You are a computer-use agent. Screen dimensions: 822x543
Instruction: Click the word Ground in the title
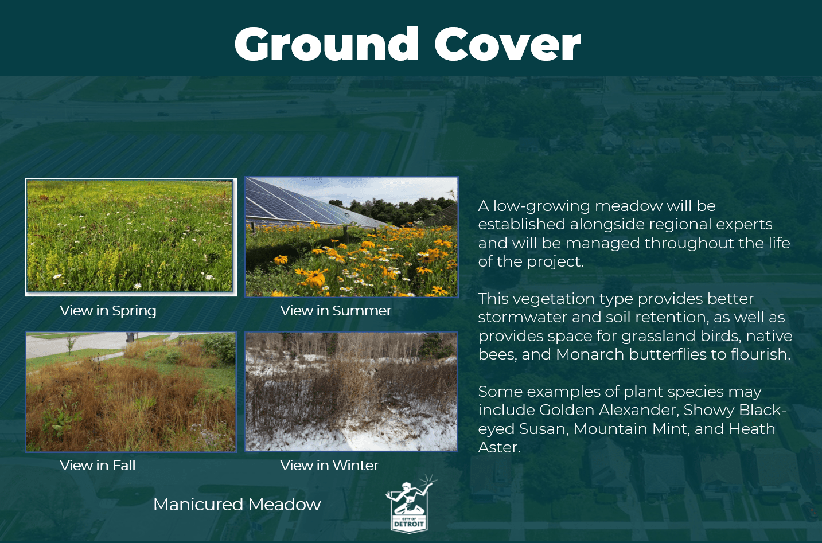pyautogui.click(x=326, y=45)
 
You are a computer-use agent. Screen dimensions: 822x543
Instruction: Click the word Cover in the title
pyautogui.click(x=508, y=45)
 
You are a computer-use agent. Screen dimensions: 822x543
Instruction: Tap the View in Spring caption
pyautogui.click(x=108, y=311)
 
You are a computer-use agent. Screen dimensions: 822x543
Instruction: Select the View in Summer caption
pyautogui.click(x=336, y=311)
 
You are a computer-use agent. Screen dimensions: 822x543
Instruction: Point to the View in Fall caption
pyautogui.click(x=98, y=466)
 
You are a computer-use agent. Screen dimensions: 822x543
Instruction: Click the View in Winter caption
pyautogui.click(x=329, y=466)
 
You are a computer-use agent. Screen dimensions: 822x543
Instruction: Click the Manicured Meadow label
pyautogui.click(x=237, y=505)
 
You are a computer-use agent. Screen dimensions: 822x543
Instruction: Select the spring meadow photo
pyautogui.click(x=130, y=236)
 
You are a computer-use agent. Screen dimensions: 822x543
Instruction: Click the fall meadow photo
pyautogui.click(x=131, y=392)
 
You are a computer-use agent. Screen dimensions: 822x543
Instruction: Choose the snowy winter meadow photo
pyautogui.click(x=351, y=391)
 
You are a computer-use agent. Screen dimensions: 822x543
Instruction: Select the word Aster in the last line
pyautogui.click(x=500, y=447)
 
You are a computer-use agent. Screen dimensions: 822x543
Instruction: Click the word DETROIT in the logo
pyautogui.click(x=409, y=524)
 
